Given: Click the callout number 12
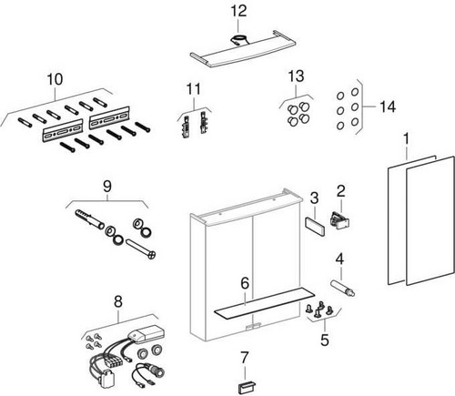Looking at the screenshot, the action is coord(238,11).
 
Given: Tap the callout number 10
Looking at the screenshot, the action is coord(55,79).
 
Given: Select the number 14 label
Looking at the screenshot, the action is coord(388,107).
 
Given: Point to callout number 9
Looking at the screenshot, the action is coord(107,187).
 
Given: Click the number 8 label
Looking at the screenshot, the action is coord(118,301).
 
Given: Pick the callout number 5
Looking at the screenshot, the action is coord(325,340).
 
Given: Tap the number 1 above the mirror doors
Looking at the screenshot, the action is coord(406,139).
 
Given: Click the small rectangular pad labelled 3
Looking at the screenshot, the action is coord(315,227).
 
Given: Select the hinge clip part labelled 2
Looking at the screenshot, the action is coord(339,220).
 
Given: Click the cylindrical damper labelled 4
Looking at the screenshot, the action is coord(342,289).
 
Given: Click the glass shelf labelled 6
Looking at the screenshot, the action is coord(264,304).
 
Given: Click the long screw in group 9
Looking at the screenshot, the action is coord(141,249).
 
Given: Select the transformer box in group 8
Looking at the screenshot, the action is coord(147,335).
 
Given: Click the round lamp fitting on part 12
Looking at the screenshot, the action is coord(238,40).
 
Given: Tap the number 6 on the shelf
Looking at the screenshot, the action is coord(245,283).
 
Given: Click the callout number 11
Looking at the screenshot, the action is coord(194,89).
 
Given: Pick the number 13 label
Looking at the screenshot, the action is coord(296,76).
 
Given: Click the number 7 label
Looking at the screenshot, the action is coord(245,358).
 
